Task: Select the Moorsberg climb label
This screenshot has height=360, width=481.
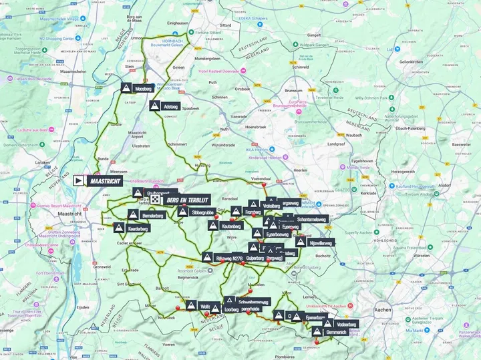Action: pos(144,88)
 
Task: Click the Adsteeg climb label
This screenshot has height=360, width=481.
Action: pos(170,106)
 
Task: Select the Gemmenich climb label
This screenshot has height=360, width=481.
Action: pos(341,332)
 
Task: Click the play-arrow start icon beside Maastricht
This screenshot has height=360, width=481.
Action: pos(79,180)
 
